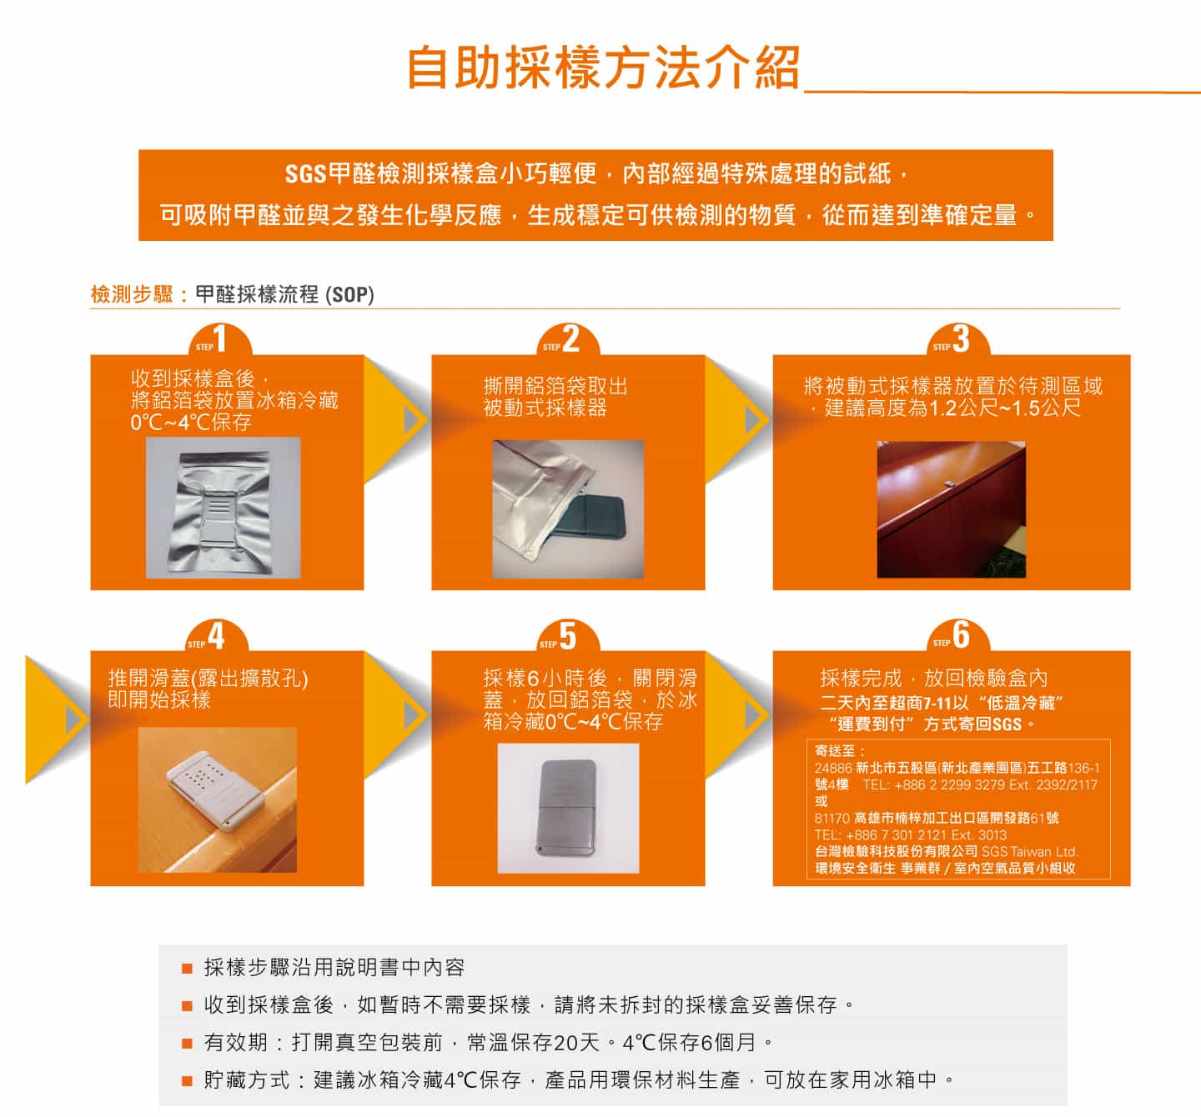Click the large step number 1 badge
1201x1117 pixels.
click(x=221, y=340)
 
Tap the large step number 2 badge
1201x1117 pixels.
click(x=569, y=340)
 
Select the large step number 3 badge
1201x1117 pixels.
click(x=958, y=340)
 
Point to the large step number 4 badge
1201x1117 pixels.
click(x=217, y=636)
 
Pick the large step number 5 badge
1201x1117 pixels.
click(x=569, y=636)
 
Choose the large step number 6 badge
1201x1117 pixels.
click(x=958, y=636)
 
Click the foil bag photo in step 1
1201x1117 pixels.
click(x=224, y=508)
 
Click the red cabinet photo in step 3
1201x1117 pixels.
click(x=952, y=509)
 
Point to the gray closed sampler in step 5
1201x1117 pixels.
click(x=569, y=808)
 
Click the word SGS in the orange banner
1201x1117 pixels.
click(x=305, y=175)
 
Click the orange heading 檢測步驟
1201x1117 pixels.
click(x=132, y=295)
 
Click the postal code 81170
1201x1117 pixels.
click(x=832, y=819)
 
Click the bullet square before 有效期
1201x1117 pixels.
click(x=188, y=1043)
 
